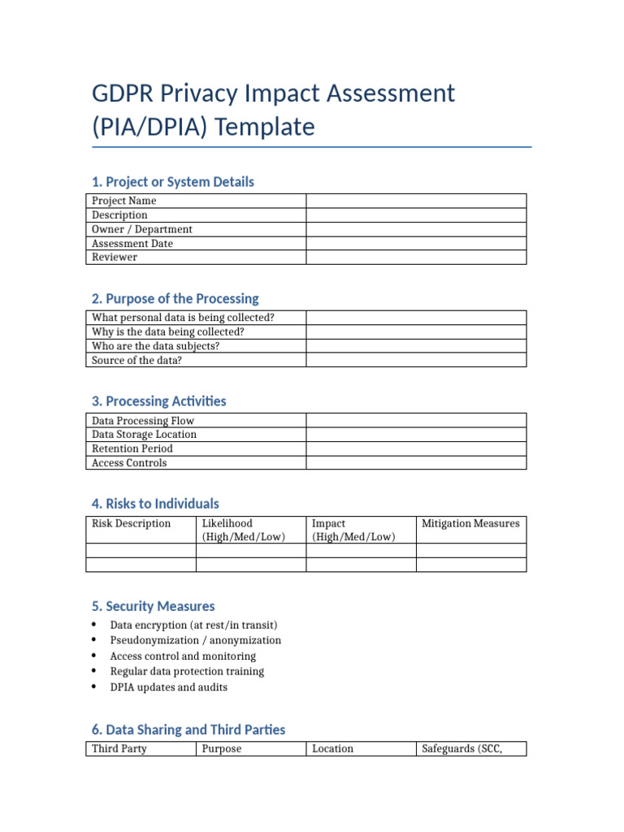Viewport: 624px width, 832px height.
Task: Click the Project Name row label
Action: pos(123,201)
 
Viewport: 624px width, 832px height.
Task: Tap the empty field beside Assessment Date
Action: pos(416,243)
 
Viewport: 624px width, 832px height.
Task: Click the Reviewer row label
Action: pos(115,257)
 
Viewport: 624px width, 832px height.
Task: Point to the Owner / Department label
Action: pos(142,229)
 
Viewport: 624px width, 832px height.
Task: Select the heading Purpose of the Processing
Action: pos(175,298)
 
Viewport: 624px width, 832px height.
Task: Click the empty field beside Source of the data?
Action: pos(416,360)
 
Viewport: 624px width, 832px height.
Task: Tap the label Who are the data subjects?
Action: pos(156,345)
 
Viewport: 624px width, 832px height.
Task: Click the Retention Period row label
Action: pos(132,448)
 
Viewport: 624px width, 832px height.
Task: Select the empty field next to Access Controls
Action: pos(416,463)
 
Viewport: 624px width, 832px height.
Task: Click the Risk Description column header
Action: pos(131,524)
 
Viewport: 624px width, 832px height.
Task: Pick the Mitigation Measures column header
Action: pos(470,524)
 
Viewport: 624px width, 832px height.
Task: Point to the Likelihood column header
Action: pos(227,524)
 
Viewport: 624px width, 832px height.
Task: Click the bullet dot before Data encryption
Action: pos(94,625)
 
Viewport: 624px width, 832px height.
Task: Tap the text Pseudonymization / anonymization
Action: pos(195,640)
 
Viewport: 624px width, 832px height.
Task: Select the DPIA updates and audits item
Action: pos(168,687)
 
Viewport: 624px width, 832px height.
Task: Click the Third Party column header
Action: pos(119,748)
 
